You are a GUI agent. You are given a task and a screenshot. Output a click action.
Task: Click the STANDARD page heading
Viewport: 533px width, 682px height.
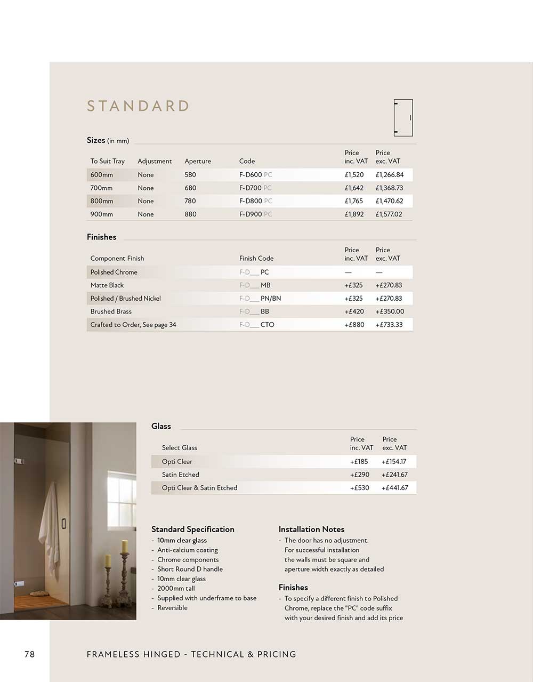click(x=138, y=106)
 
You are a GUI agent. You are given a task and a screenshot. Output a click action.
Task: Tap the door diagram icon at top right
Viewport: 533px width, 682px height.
click(x=403, y=118)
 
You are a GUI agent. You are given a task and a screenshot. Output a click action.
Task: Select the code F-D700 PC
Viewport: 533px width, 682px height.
click(x=255, y=188)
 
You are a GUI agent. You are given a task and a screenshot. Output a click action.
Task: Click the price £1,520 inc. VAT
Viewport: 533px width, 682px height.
click(x=354, y=175)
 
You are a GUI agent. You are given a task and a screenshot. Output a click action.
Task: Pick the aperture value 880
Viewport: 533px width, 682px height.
click(x=190, y=214)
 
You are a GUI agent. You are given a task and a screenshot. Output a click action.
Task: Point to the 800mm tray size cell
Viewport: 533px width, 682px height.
click(x=102, y=201)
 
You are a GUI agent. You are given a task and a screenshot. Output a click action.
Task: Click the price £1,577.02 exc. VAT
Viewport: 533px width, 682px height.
click(x=389, y=214)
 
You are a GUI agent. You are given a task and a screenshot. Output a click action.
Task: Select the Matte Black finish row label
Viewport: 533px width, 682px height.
click(x=107, y=285)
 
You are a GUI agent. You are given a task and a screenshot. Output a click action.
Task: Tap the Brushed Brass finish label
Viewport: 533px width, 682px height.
click(x=111, y=311)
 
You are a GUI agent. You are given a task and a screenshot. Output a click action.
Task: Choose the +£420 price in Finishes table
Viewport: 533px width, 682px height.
click(x=354, y=311)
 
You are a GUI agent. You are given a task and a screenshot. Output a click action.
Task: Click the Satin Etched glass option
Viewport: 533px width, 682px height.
click(x=181, y=475)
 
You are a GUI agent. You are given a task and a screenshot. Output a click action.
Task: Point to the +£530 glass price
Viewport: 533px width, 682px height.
click(x=360, y=488)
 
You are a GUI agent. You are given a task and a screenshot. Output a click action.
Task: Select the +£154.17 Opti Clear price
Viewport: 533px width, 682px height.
click(x=394, y=462)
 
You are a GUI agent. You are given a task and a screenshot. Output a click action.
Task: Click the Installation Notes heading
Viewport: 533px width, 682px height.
click(x=311, y=529)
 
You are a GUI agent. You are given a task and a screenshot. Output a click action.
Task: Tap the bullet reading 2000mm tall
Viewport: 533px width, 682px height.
click(x=176, y=589)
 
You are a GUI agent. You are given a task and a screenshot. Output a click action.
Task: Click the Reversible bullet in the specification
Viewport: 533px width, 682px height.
click(x=172, y=608)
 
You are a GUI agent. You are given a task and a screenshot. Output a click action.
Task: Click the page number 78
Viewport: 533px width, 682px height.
click(x=29, y=654)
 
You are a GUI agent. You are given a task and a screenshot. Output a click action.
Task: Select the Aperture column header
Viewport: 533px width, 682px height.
click(x=198, y=161)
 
